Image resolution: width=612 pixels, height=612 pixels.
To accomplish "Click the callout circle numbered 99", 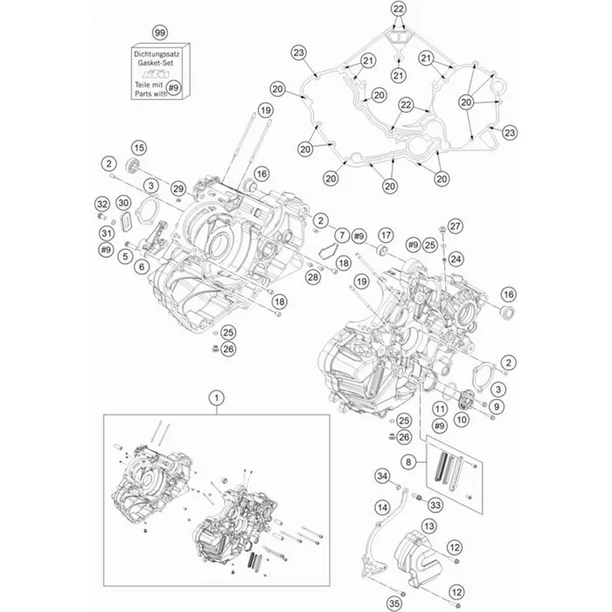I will [159, 32].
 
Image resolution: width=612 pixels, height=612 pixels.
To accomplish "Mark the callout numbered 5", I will [126, 255].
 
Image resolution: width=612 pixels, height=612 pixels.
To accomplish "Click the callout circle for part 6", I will [142, 268].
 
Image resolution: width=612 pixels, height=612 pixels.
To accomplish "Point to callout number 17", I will [386, 236].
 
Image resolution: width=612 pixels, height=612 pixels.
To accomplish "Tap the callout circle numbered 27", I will [454, 226].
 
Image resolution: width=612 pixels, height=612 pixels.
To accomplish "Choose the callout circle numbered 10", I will [461, 420].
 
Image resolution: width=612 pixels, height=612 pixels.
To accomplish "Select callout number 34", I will [381, 476].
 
